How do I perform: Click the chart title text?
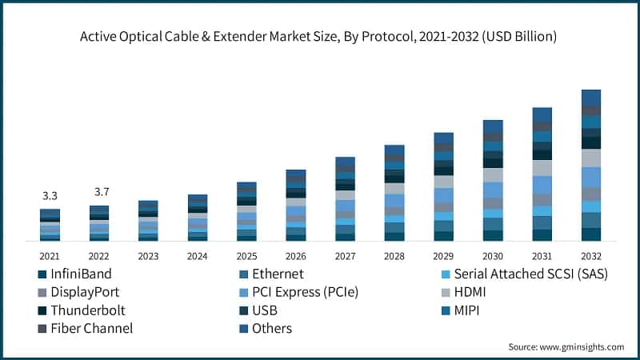320,37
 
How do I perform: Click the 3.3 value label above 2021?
50,195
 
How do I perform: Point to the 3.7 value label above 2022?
99,192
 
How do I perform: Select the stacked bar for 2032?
590,165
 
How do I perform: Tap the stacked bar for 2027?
345,198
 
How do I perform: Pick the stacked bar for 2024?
198,217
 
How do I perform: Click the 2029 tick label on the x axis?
443,257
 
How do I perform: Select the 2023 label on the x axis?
148,257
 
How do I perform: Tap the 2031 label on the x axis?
542,257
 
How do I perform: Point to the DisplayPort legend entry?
84,292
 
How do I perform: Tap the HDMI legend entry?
469,292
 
